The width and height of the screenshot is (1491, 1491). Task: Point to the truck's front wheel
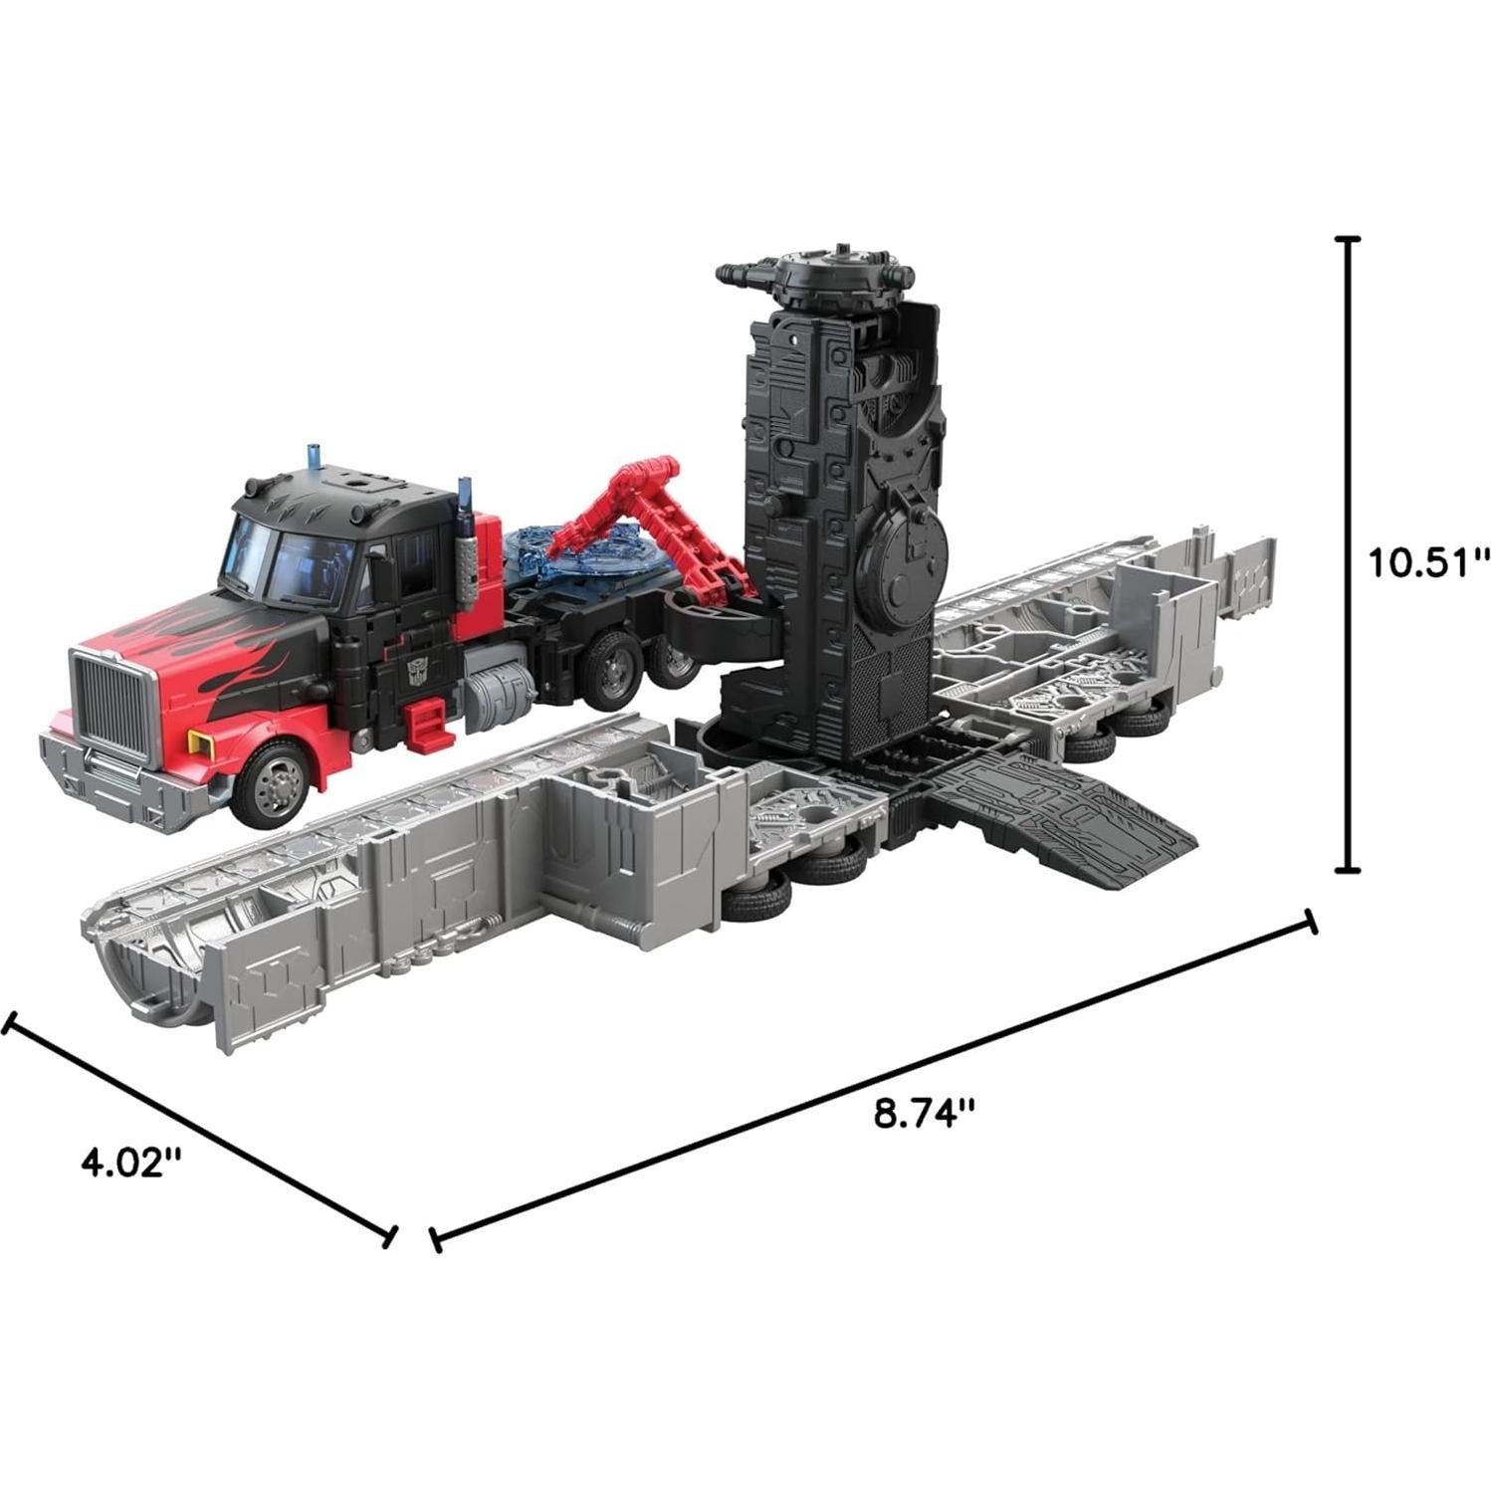click(x=274, y=782)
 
